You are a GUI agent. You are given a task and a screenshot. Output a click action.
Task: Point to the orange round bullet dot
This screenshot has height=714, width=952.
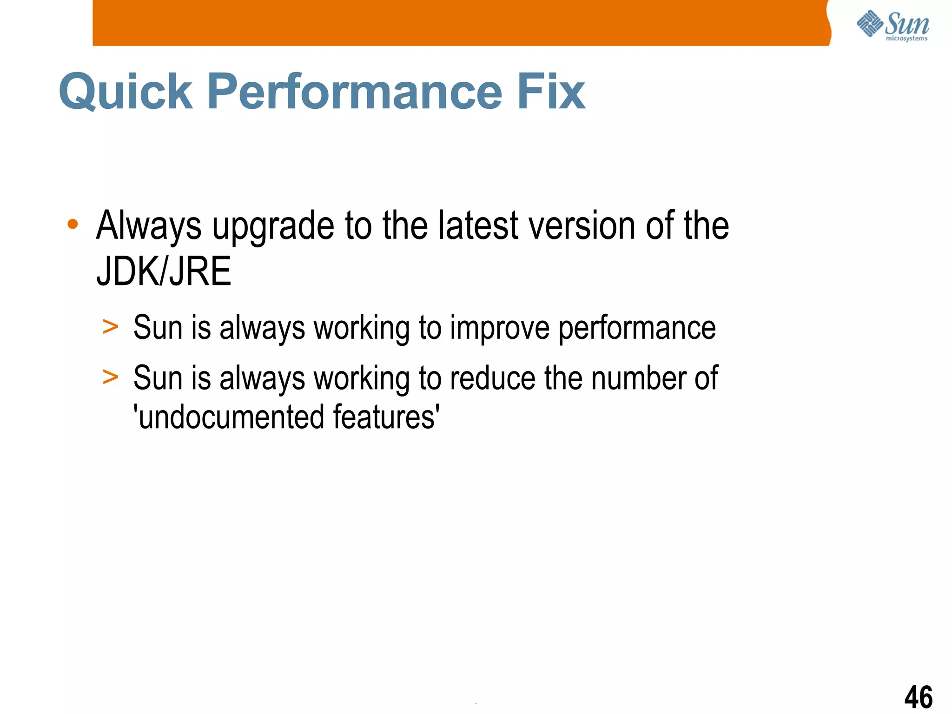[x=73, y=225]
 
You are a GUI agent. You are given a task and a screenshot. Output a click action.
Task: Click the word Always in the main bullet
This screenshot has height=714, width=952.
[x=149, y=227]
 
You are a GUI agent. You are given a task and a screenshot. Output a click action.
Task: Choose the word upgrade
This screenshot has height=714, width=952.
[x=273, y=227]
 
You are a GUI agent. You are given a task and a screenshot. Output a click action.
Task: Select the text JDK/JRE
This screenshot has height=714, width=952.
[x=164, y=271]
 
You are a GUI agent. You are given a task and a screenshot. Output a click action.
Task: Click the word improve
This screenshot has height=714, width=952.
[x=500, y=328]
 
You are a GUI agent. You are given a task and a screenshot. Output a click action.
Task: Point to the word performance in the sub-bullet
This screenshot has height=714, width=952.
[x=637, y=328]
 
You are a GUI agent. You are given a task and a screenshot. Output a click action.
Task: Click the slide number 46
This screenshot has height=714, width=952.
[x=918, y=697]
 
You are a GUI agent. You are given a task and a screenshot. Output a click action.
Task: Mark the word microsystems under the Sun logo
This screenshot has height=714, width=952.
[x=906, y=39]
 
